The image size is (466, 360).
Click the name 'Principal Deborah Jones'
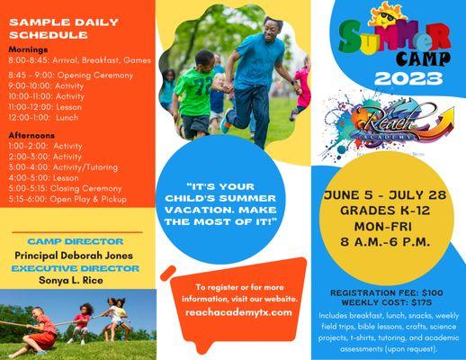75,255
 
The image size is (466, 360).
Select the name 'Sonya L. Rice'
74,280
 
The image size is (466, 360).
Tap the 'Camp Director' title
75,241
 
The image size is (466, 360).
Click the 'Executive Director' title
74,267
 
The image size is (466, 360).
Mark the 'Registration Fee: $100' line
390,293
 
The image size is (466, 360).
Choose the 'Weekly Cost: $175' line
390,303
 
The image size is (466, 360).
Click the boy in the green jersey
195,90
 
